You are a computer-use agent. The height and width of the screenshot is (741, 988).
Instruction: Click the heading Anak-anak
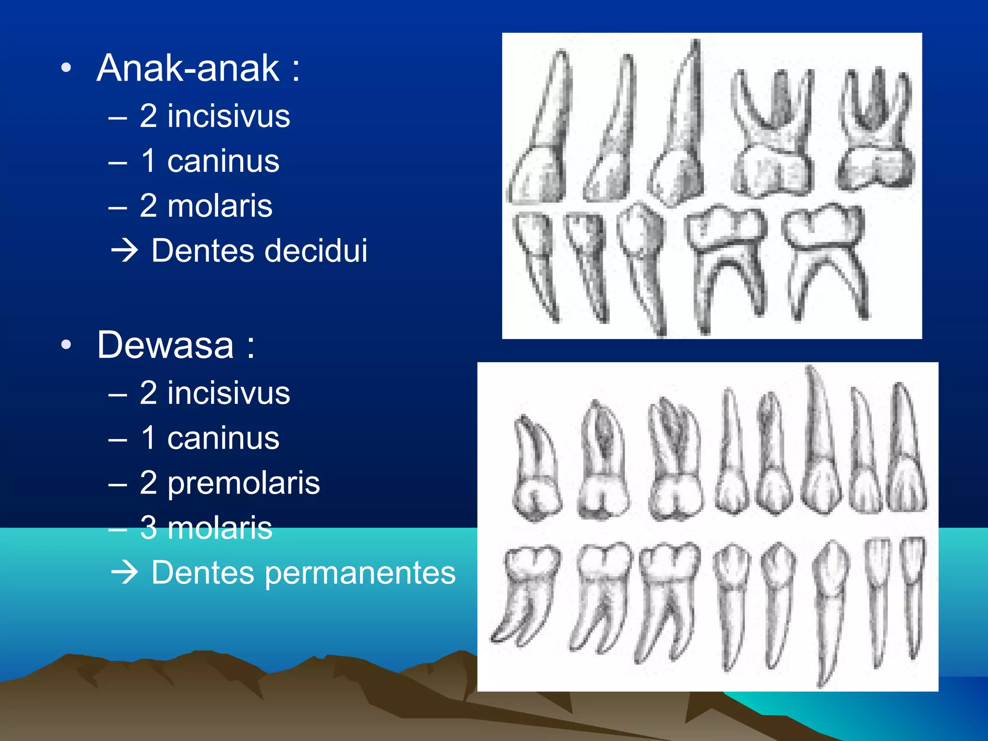coord(188,69)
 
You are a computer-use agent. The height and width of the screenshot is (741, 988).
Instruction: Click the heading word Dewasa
coord(165,345)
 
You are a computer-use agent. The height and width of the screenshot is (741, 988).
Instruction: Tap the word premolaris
coord(244,483)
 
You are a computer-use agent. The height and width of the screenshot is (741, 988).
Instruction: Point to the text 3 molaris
coord(206,528)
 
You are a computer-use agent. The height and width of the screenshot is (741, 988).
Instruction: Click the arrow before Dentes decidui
coord(124,251)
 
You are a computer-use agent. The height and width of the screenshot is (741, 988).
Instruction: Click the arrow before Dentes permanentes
coord(124,573)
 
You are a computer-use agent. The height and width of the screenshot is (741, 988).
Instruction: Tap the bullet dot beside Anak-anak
coord(67,69)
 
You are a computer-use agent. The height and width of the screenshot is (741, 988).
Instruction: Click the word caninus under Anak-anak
coord(223,161)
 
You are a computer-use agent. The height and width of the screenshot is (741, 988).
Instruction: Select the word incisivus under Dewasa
coord(229,393)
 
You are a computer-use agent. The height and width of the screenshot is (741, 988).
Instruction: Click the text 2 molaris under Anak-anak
coord(206,206)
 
